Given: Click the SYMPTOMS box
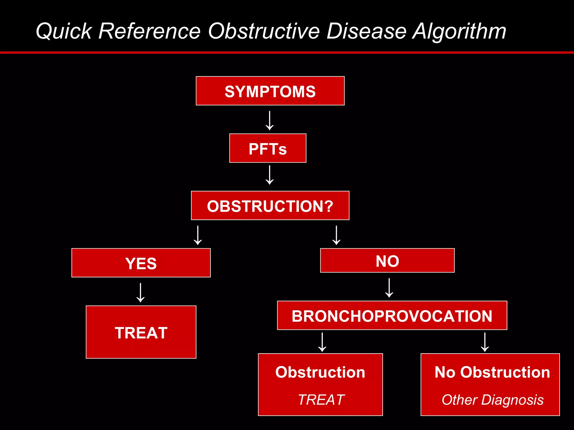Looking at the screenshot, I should click(x=270, y=91).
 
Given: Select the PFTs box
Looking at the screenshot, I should click(x=268, y=148).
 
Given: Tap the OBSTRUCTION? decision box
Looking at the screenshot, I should click(x=270, y=206).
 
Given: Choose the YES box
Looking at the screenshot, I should click(x=141, y=263).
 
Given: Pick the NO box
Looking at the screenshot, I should click(x=387, y=261).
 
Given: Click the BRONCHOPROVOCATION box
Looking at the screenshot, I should click(x=392, y=316).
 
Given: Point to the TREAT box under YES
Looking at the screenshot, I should click(x=141, y=332).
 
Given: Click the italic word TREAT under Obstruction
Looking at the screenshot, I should click(x=321, y=399).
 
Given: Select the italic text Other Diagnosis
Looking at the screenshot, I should click(x=492, y=399).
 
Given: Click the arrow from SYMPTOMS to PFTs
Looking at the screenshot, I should click(x=270, y=121).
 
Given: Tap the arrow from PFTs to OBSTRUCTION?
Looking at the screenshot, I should click(x=270, y=175).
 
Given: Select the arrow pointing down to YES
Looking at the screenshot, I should click(x=198, y=235).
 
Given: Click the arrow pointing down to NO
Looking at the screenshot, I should click(x=336, y=235).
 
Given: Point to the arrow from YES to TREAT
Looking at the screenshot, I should click(x=140, y=293).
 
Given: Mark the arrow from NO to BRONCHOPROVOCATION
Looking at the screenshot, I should click(x=389, y=288).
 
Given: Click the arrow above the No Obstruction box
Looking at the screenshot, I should click(x=485, y=342).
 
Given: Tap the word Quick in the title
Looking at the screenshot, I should click(x=64, y=31).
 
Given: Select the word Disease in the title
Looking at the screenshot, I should click(x=366, y=31).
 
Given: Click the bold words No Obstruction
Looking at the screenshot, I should click(x=492, y=372).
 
